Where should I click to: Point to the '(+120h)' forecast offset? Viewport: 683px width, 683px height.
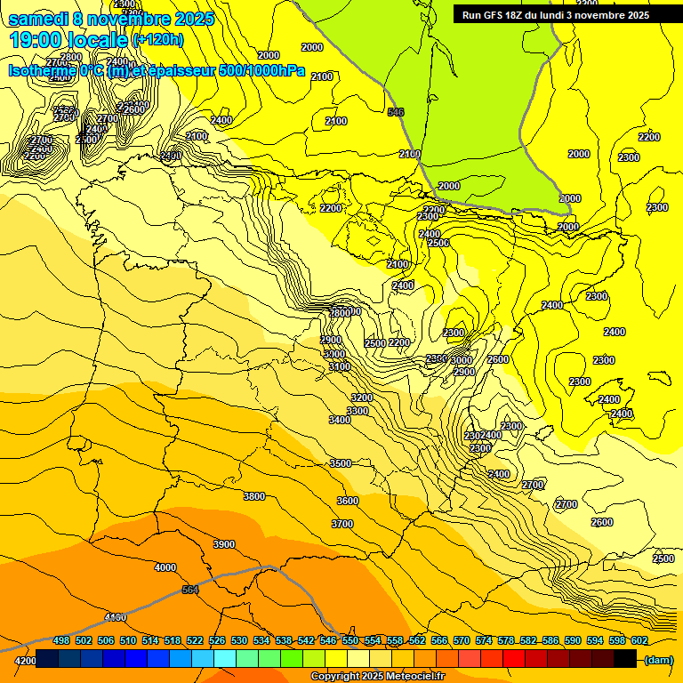[158, 40]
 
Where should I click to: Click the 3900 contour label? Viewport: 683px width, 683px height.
[224, 544]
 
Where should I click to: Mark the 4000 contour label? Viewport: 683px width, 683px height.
[165, 567]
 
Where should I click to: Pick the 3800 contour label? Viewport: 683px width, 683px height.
[254, 496]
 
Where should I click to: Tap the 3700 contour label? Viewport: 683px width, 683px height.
[342, 524]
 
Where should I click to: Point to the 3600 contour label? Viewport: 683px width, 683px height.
[348, 501]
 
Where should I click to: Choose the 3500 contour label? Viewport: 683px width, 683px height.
[341, 463]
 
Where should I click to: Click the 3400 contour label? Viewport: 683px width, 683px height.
[340, 420]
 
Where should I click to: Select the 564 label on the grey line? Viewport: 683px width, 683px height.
[190, 590]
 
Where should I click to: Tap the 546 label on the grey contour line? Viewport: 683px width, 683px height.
[397, 112]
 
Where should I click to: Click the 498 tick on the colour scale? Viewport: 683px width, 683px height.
[61, 641]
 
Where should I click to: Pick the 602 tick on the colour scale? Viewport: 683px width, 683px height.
[639, 641]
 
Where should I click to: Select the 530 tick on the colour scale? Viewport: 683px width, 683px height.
[239, 641]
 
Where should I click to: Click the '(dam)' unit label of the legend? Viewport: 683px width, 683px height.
[658, 659]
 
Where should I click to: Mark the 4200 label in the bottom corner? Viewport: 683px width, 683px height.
[25, 661]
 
